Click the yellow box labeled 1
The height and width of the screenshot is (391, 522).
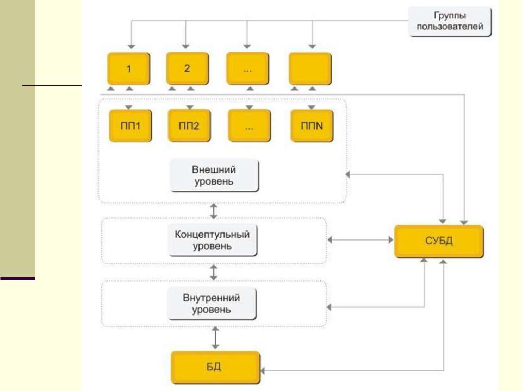(129, 68)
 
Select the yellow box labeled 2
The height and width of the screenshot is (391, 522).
(187, 68)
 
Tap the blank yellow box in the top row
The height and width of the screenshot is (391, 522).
(310, 68)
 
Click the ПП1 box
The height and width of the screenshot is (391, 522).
(129, 125)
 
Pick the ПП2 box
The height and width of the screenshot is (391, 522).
(189, 125)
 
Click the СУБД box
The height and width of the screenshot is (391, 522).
(439, 242)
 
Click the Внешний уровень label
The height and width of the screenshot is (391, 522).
(214, 175)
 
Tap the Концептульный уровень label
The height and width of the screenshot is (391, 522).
(213, 241)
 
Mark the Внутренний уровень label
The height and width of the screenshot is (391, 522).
(213, 305)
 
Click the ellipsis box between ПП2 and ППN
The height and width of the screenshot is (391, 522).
(249, 125)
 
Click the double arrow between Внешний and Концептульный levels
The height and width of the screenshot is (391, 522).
(214, 210)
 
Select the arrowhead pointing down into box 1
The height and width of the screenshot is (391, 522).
(129, 47)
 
